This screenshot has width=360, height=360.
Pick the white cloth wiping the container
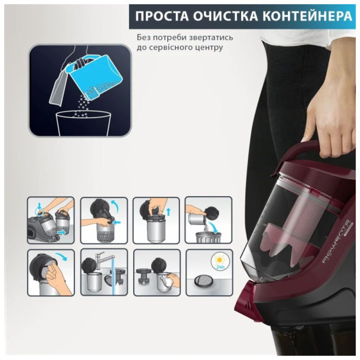coord(167,280)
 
